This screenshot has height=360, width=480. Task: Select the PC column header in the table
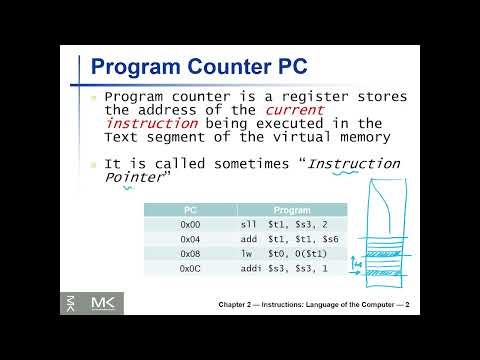[x=190, y=211]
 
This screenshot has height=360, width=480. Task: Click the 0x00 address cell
[x=190, y=226]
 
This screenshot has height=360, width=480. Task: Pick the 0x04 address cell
[x=190, y=240]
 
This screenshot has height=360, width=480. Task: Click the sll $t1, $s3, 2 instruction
[x=284, y=226]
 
